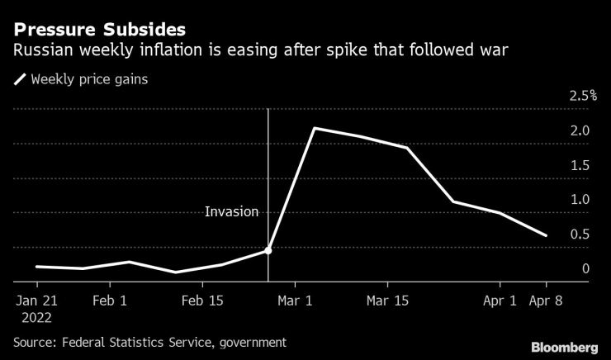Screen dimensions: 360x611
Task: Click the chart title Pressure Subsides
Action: (x=93, y=30)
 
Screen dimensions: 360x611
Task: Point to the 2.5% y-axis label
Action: (x=583, y=97)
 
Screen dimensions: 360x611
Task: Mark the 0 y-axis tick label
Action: (x=585, y=269)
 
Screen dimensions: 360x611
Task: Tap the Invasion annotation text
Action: (x=232, y=212)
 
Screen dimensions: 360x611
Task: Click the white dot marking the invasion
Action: (x=268, y=250)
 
